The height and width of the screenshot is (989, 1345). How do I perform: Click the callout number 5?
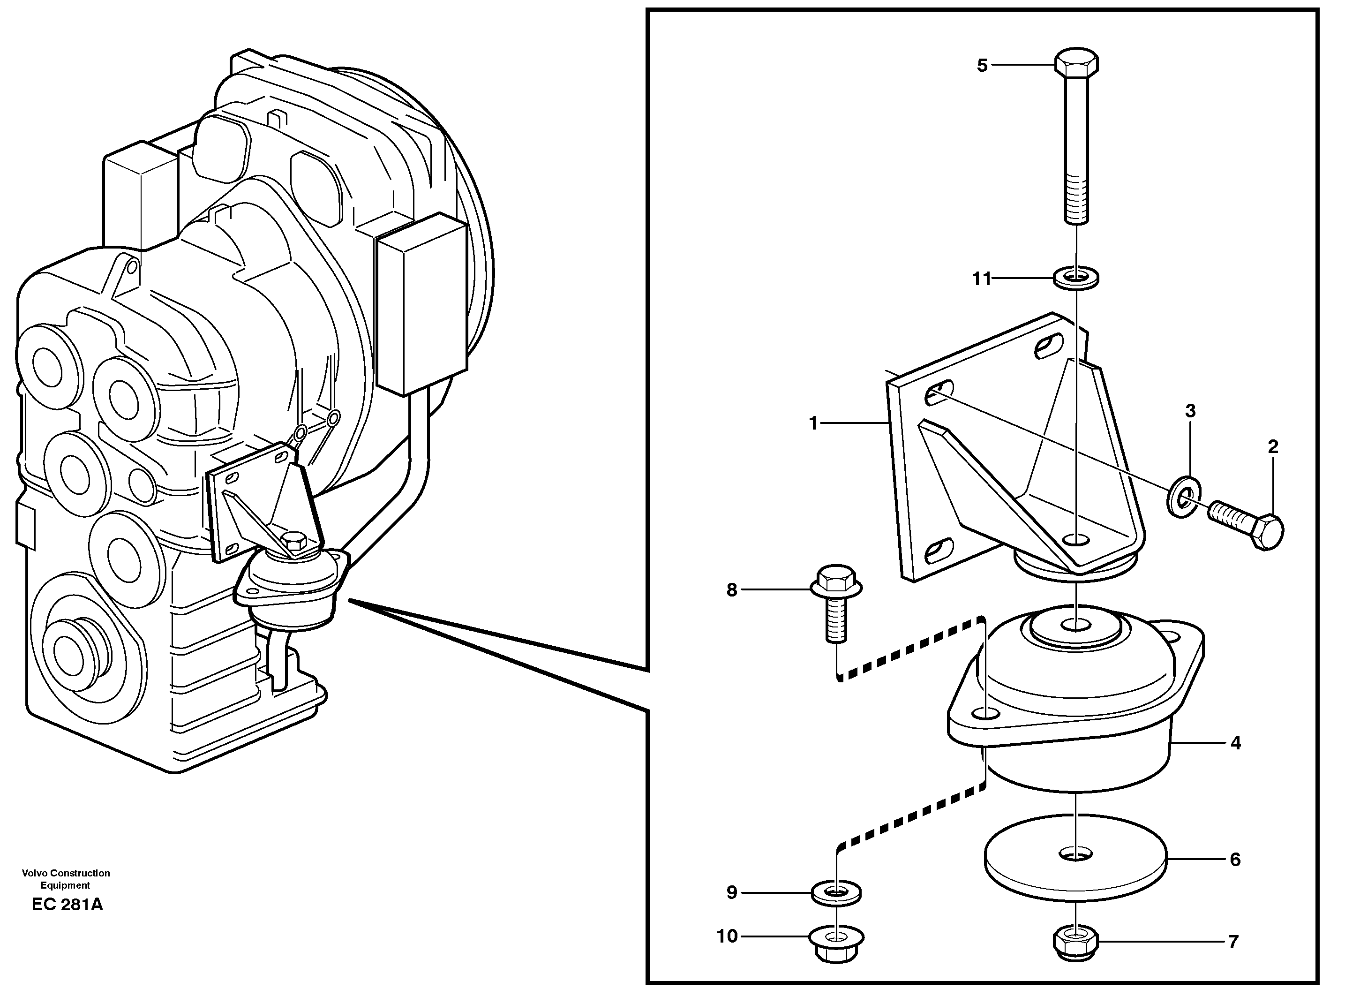point(982,65)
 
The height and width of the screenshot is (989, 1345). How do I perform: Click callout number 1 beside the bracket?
point(813,423)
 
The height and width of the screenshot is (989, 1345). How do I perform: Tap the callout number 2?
point(1273,446)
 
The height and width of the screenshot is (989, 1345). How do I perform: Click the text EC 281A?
point(67,905)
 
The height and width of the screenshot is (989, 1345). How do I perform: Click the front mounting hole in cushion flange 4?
point(985,714)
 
